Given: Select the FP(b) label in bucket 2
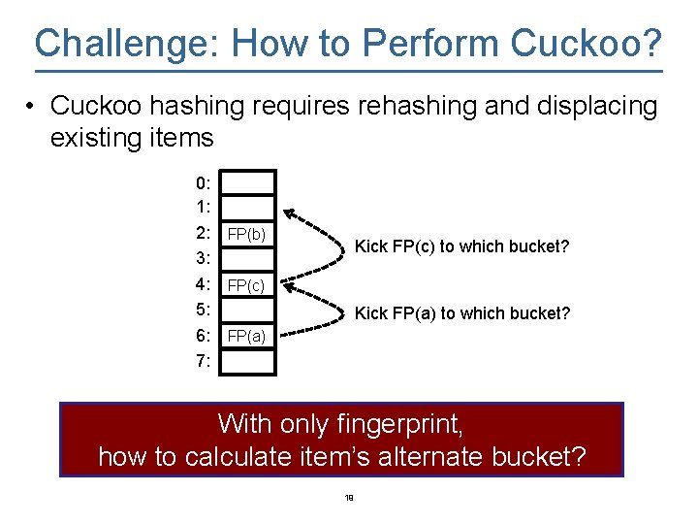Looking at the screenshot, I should (x=246, y=234).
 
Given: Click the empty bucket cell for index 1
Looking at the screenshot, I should (x=252, y=208).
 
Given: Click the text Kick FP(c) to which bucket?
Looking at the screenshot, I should (x=461, y=246).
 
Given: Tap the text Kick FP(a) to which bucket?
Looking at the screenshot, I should (x=461, y=313).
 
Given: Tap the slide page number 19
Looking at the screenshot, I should (x=349, y=499).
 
